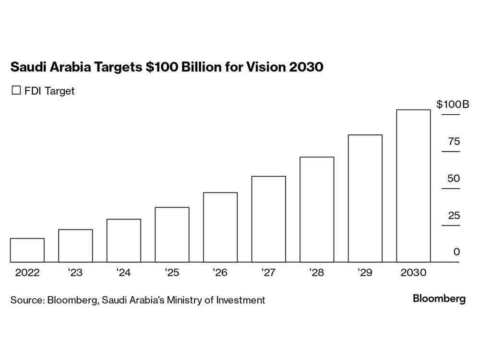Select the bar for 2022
[x=27, y=250]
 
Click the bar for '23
[x=75, y=246]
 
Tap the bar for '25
[x=172, y=235]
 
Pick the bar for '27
[x=268, y=219]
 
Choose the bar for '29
[x=365, y=198]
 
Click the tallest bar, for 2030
[x=413, y=186]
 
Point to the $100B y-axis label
[x=452, y=104]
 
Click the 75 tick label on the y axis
[x=454, y=142]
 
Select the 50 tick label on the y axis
[x=454, y=179]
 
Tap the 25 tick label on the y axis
[x=454, y=216]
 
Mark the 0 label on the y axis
[x=456, y=252]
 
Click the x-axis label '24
[x=123, y=273]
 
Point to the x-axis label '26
[x=220, y=273]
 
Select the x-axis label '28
[x=317, y=273]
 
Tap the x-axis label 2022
[x=27, y=273]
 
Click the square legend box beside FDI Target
[x=16, y=90]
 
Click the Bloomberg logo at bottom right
[x=439, y=299]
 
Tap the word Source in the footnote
[x=27, y=300]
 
